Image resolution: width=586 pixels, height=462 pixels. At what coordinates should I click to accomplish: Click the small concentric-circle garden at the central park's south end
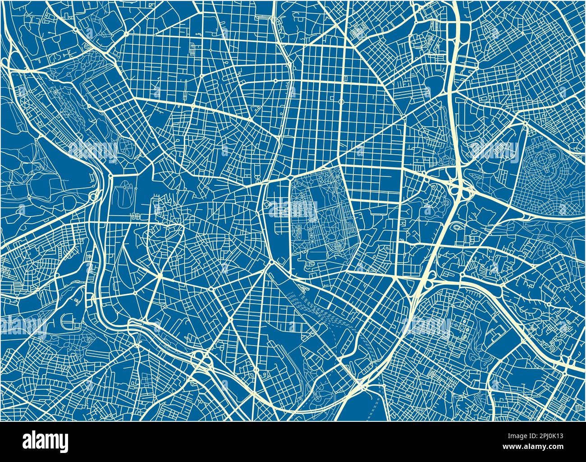click(x=337, y=246)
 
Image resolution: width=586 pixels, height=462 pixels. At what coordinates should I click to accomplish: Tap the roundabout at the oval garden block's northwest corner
click(x=111, y=175)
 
